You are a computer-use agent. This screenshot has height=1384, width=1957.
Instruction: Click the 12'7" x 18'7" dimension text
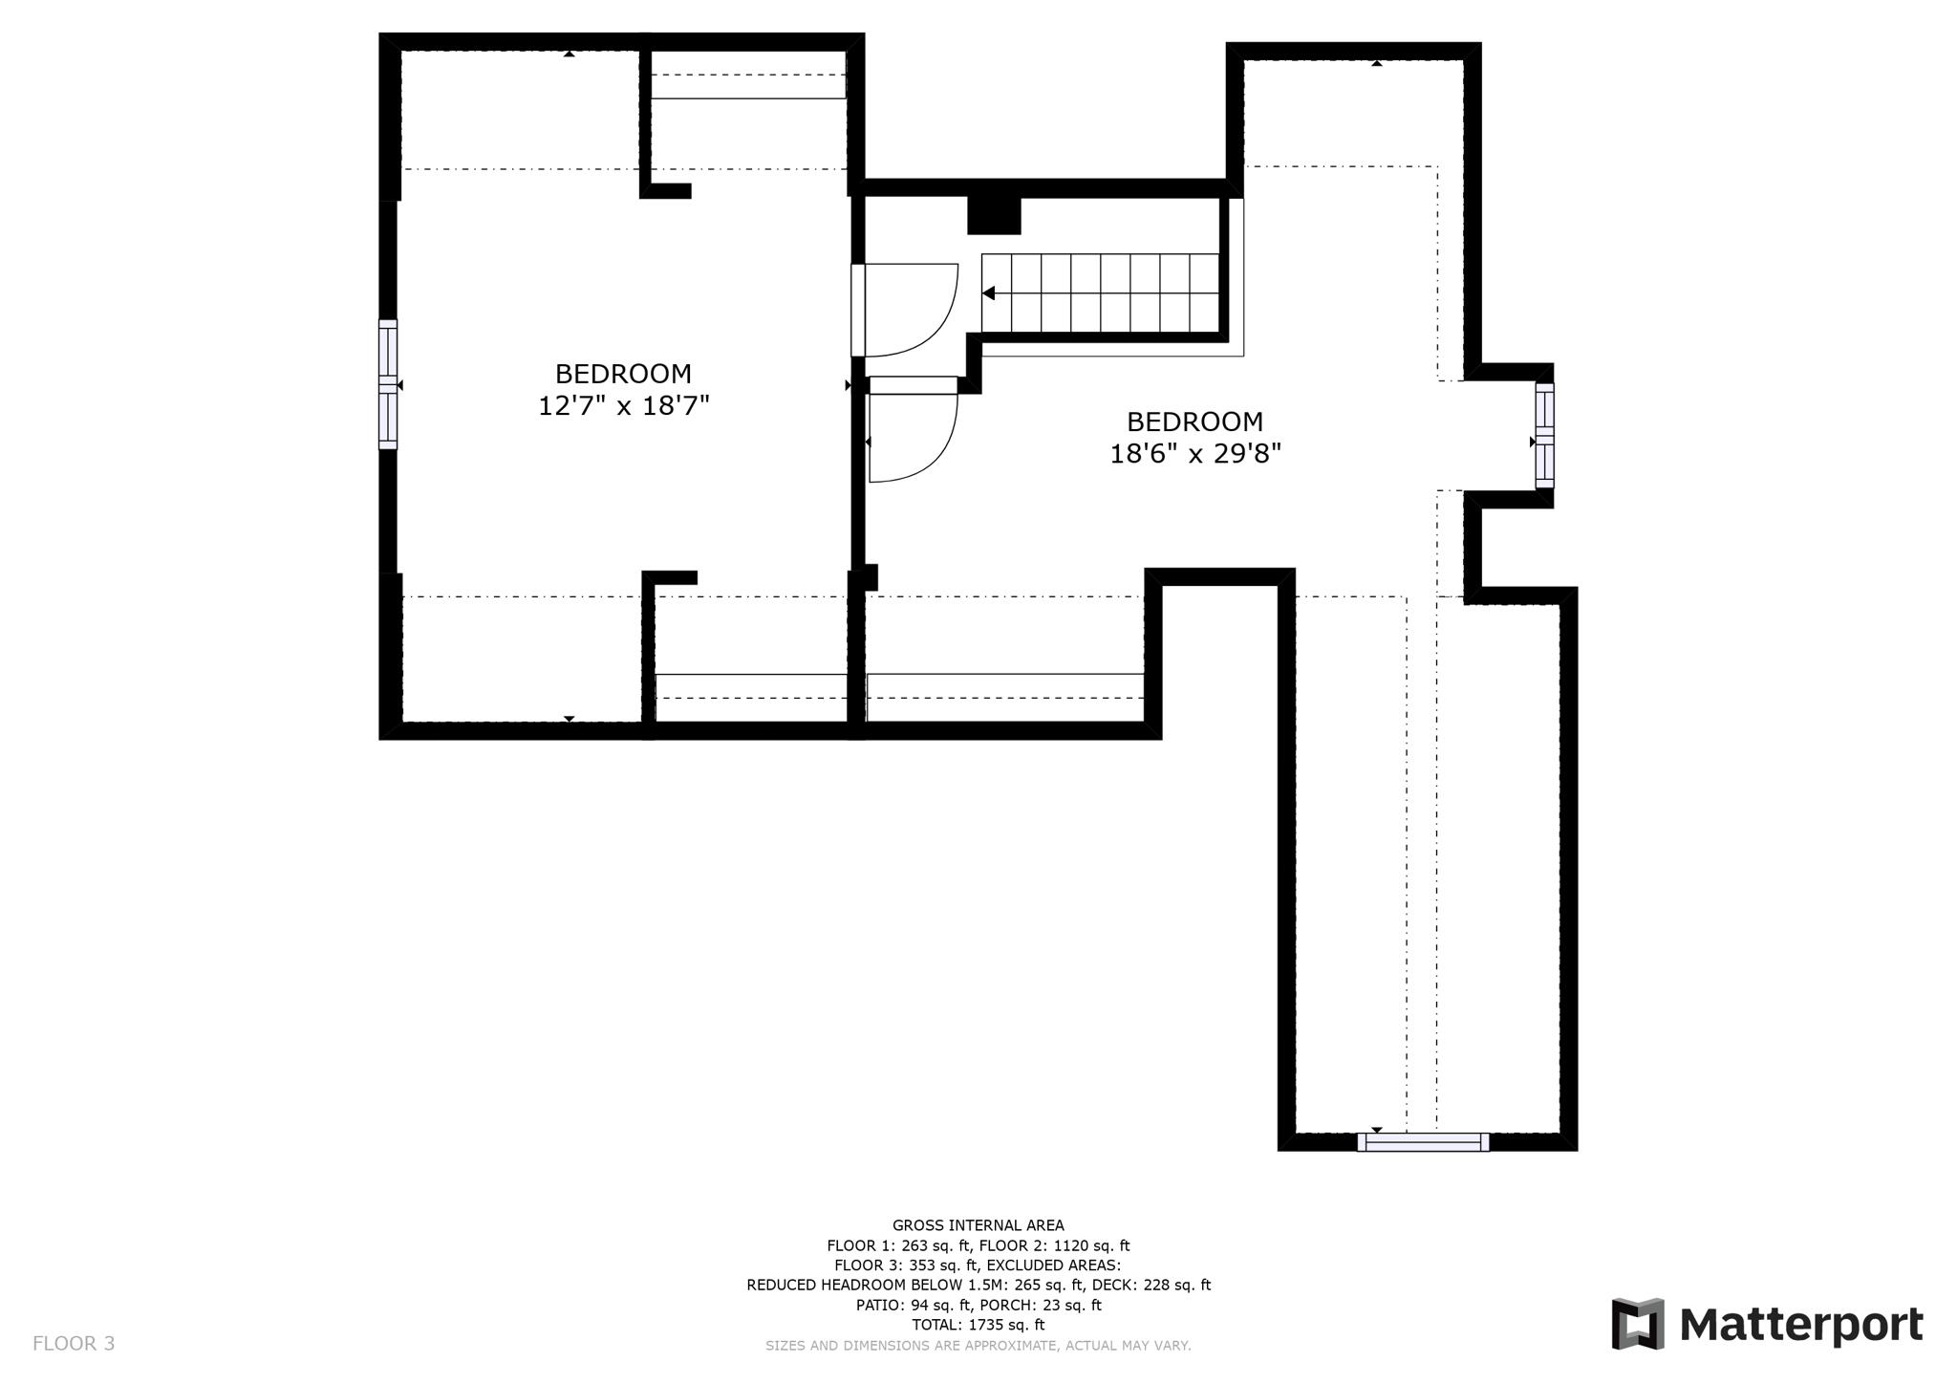click(623, 406)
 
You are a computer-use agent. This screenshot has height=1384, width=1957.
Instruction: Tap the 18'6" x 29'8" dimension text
click(1194, 453)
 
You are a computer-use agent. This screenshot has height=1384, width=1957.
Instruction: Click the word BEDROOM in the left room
click(623, 374)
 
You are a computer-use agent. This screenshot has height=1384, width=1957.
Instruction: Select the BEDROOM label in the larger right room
click(1194, 422)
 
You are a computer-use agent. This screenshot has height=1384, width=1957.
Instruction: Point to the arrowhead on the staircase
click(990, 293)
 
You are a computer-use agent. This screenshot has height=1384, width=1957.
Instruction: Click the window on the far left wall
click(388, 384)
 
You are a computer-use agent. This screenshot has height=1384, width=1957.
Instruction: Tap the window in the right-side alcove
click(1544, 436)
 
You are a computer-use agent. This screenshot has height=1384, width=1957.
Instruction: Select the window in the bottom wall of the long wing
click(1423, 1141)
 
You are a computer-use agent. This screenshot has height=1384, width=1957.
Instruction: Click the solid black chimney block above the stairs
click(994, 215)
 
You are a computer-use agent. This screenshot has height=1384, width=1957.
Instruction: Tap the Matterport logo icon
click(1638, 1324)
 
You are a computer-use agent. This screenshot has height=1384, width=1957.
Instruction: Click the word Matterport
click(1800, 1326)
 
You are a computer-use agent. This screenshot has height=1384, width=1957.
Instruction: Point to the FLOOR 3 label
click(74, 1344)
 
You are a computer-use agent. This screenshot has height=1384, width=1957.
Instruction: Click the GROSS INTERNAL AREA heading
click(978, 1225)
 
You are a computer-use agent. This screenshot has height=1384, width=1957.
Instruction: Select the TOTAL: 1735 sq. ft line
click(978, 1325)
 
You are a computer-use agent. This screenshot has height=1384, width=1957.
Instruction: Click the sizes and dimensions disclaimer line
click(978, 1346)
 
